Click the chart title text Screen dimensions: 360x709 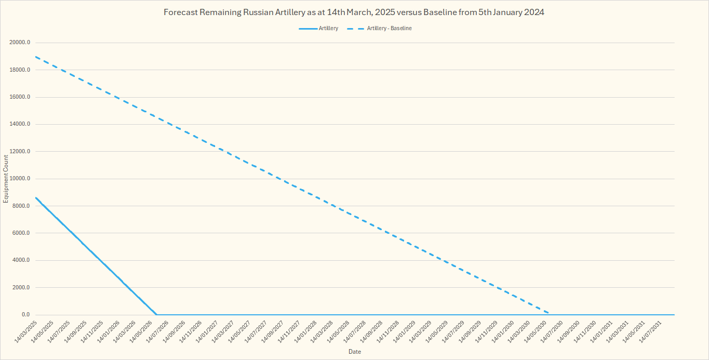(x=354, y=12)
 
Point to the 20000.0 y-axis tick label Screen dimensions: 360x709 (x=20, y=43)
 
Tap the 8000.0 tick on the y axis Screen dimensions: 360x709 (x=21, y=206)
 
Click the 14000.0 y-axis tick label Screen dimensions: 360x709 (x=20, y=124)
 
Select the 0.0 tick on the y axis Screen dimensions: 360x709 (x=25, y=315)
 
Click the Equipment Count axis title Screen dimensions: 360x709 (x=6, y=179)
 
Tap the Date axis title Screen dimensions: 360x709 (x=355, y=352)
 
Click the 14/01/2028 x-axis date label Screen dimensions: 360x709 (x=306, y=331)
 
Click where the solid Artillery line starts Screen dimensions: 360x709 (x=35, y=197)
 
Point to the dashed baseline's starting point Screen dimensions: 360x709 (x=35, y=57)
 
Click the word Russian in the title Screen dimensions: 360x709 (x=259, y=12)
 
